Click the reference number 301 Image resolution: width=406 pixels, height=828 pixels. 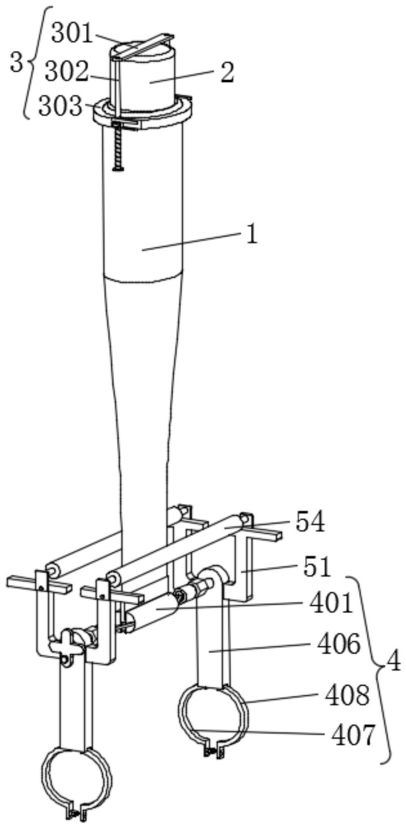click(72, 34)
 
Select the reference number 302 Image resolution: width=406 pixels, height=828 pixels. click(66, 71)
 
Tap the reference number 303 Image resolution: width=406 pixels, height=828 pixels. click(60, 107)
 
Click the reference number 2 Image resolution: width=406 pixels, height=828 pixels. click(227, 73)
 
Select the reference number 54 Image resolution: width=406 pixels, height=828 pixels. click(310, 522)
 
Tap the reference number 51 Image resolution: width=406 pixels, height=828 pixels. click(317, 567)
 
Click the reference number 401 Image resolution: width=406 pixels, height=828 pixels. click(331, 603)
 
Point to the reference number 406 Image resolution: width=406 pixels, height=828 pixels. click(339, 643)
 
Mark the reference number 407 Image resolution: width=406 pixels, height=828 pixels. click(353, 735)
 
